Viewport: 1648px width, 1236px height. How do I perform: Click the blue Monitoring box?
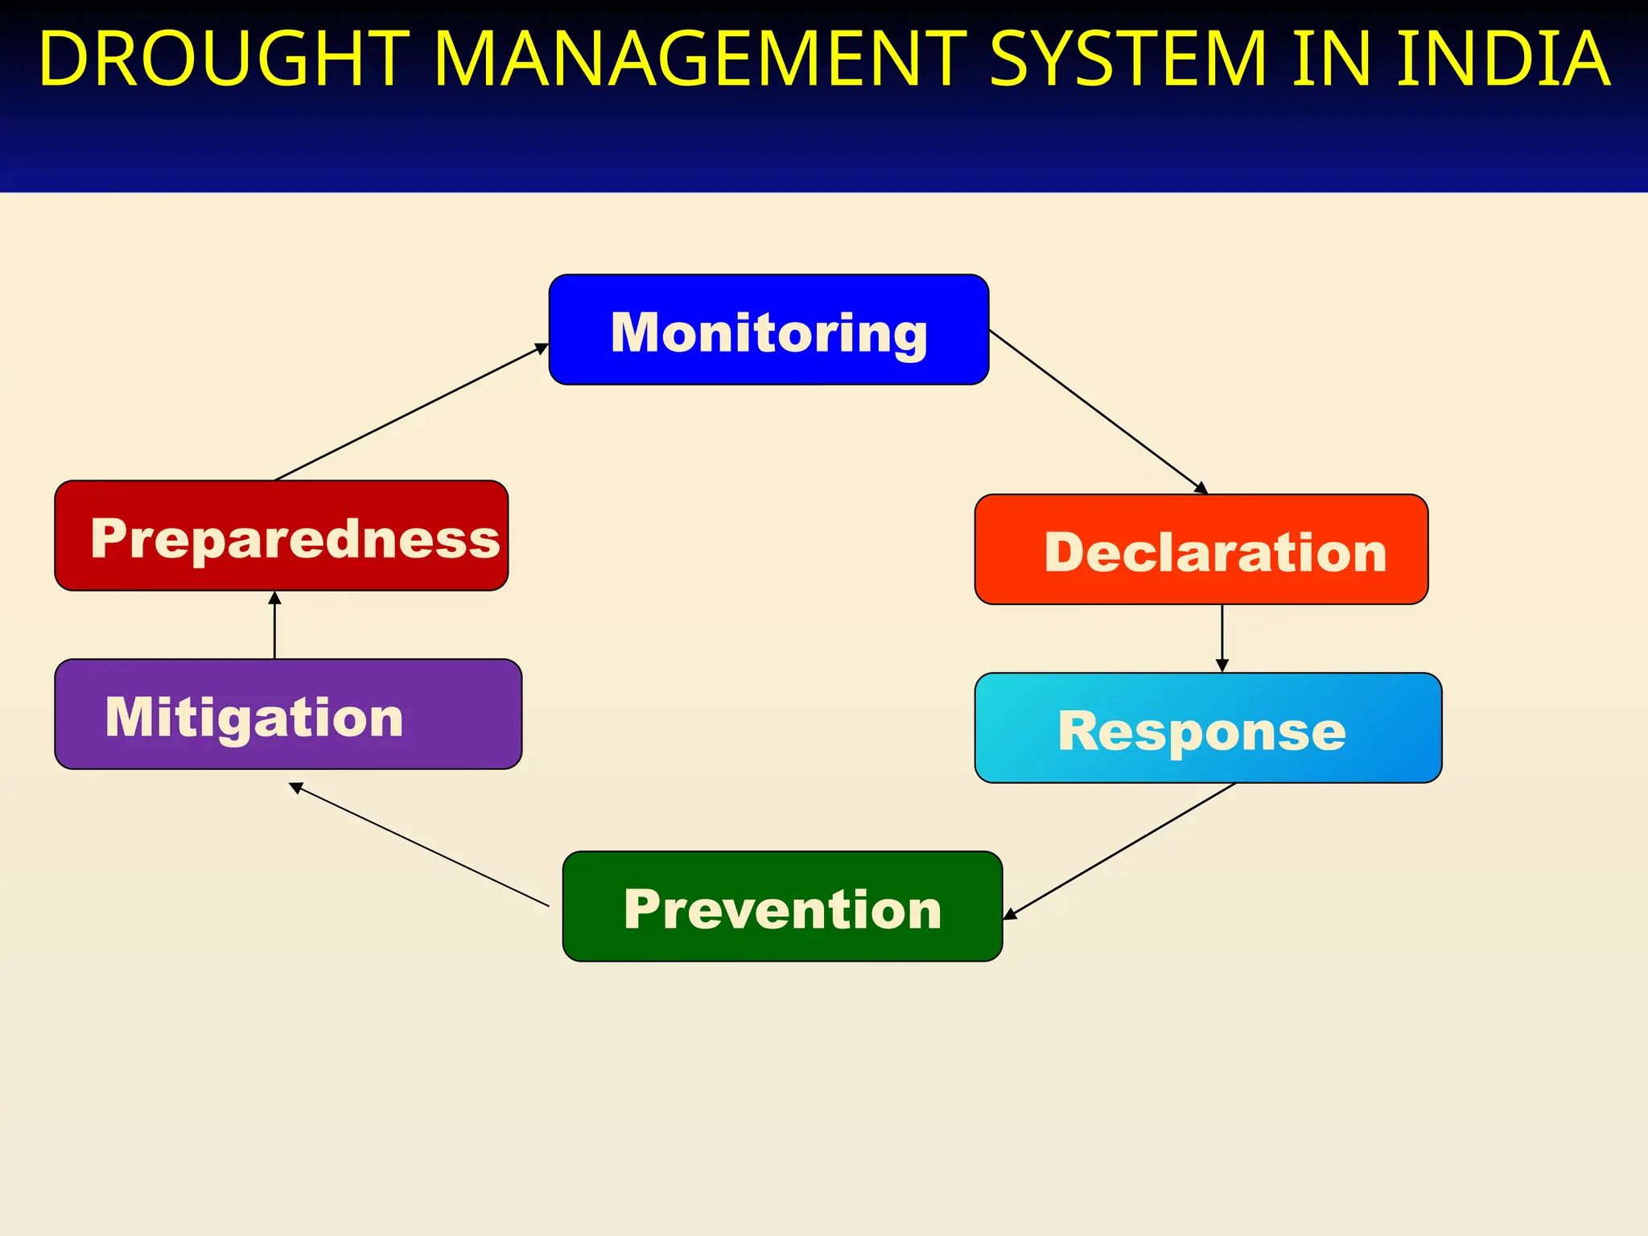point(768,330)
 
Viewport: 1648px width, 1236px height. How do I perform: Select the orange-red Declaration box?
point(1201,550)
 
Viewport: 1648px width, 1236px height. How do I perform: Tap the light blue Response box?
point(1207,728)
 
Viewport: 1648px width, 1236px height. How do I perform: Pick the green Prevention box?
point(782,907)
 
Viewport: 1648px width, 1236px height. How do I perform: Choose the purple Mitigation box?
point(288,715)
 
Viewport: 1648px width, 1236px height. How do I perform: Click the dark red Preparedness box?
point(281,536)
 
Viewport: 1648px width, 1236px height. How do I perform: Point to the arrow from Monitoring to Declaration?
point(1098,411)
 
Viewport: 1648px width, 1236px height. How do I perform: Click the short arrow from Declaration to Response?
point(1222,638)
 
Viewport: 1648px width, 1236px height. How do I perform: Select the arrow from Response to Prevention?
point(1119,851)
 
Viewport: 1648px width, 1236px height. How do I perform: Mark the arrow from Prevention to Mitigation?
point(418,845)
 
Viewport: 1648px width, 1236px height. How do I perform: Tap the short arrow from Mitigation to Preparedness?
point(274,625)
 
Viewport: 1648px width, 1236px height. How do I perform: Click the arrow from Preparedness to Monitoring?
point(411,412)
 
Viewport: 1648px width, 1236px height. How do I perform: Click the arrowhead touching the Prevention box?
point(1010,914)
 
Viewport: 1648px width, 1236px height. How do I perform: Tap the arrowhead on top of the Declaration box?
point(1201,488)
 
